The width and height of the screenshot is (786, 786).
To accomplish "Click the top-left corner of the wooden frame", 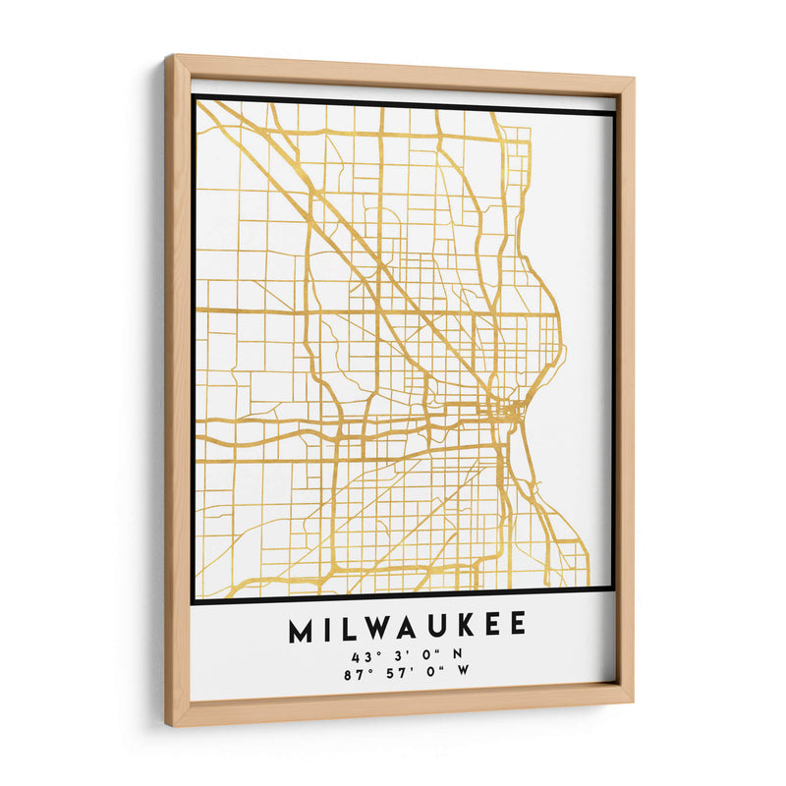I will point(167,58).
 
